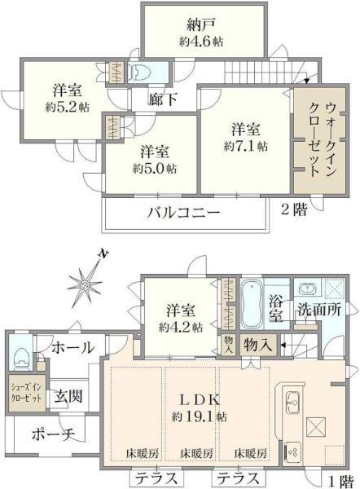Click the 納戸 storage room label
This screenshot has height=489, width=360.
(x=200, y=25)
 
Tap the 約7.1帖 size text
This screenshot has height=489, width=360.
(x=246, y=146)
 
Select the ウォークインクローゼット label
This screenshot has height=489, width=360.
(x=322, y=139)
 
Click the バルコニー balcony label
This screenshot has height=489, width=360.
(x=184, y=213)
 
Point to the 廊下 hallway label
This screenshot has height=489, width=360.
(x=162, y=99)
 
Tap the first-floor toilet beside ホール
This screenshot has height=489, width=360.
(x=20, y=358)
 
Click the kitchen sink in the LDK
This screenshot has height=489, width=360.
(x=293, y=403)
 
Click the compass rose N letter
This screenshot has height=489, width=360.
(x=103, y=254)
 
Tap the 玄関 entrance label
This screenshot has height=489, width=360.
(x=68, y=396)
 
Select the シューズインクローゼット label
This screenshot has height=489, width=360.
(x=27, y=393)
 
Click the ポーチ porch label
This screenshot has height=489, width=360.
(x=53, y=434)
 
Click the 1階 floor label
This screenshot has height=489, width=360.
(x=341, y=481)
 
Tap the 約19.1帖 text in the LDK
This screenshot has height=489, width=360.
(x=200, y=416)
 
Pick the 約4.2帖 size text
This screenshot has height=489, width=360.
(x=181, y=327)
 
